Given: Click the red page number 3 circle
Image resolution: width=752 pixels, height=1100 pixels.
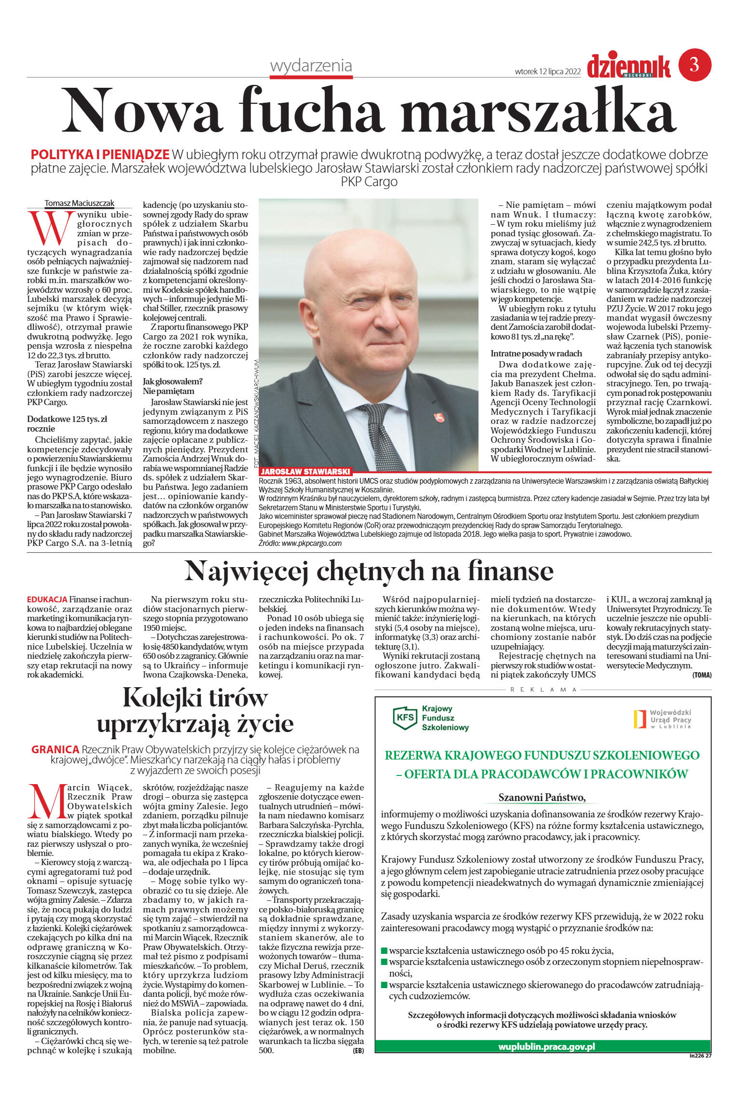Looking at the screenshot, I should click(695, 65).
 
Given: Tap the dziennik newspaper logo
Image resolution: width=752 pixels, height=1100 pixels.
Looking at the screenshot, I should click(628, 66).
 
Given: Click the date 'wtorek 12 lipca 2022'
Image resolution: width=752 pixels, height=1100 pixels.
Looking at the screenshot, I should click(547, 71).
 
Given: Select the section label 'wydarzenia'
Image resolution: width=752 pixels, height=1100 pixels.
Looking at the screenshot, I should click(311, 66).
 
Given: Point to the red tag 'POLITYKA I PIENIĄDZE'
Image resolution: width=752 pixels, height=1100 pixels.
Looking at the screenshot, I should click(100, 155).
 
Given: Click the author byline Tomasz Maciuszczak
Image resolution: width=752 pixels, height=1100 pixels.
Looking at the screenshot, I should click(79, 203).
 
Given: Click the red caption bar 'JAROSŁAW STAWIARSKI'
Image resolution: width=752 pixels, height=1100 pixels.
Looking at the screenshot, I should click(305, 471).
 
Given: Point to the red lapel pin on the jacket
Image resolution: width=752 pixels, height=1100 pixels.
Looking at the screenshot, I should click(439, 417).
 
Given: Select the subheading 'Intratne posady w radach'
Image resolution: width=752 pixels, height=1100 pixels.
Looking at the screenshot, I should click(536, 353).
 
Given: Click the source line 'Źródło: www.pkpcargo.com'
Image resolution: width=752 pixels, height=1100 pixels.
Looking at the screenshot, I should click(300, 543).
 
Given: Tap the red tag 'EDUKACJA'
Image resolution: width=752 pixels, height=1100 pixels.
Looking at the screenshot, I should click(47, 599).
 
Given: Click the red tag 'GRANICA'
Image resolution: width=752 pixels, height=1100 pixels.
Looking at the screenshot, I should click(55, 749).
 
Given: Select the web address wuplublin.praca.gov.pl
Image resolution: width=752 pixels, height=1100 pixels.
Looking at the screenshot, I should click(546, 1046).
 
